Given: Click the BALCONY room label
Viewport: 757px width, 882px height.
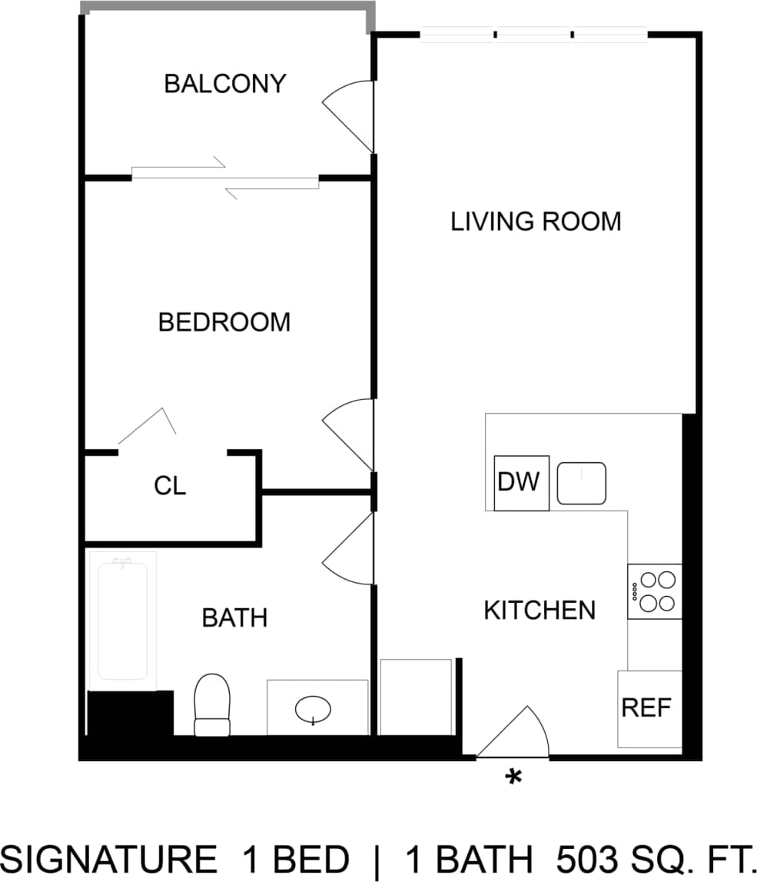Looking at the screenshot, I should coord(225,83).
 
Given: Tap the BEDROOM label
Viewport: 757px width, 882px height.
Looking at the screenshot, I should coord(224,322).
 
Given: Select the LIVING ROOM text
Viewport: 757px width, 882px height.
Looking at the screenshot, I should coord(536,221).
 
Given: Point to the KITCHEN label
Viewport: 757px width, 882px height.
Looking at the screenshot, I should coord(540,611).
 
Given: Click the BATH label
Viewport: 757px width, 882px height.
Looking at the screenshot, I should coord(234,617).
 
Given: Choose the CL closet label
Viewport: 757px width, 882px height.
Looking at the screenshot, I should coord(170,486).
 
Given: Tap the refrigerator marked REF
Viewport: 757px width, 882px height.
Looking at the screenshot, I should coord(647,707).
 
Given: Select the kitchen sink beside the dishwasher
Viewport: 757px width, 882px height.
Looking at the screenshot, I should coord(582,483).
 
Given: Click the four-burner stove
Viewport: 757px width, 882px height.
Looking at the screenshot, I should coord(655,591).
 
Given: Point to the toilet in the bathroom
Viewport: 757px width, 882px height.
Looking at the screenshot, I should coord(212,705).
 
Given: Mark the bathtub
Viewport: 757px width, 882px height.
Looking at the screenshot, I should coord(123,620).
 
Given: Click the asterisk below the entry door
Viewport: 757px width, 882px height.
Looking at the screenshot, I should coord(513,777).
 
